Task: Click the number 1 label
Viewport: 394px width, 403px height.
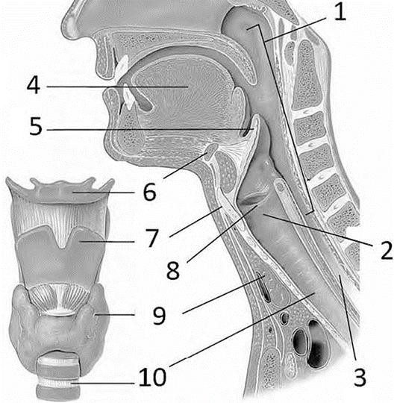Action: pyautogui.click(x=340, y=13)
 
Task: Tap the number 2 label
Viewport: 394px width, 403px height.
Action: pyautogui.click(x=387, y=249)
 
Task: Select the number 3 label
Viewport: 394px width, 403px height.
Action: pyautogui.click(x=360, y=377)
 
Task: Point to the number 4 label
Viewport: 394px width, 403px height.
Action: pyautogui.click(x=34, y=85)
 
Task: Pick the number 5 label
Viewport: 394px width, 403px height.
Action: pyautogui.click(x=36, y=126)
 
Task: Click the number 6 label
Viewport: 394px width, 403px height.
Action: pyautogui.click(x=149, y=193)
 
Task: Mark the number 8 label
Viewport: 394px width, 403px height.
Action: pyautogui.click(x=173, y=270)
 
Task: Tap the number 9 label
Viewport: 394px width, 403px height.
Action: pyautogui.click(x=160, y=316)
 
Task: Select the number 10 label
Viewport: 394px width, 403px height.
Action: pyautogui.click(x=153, y=377)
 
